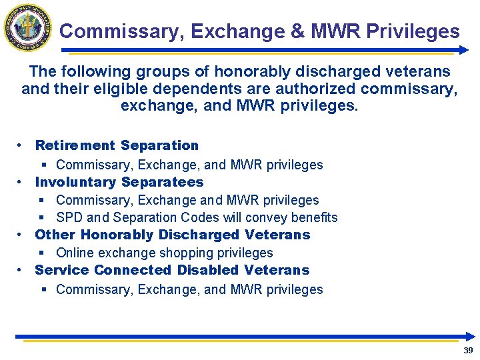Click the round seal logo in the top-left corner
28,27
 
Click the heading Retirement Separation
117,145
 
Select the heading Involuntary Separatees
119,182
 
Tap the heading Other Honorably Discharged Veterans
173,235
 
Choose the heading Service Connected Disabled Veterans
172,270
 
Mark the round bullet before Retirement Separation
22,145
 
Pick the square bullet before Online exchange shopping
43,253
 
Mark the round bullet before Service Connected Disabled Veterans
22,270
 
